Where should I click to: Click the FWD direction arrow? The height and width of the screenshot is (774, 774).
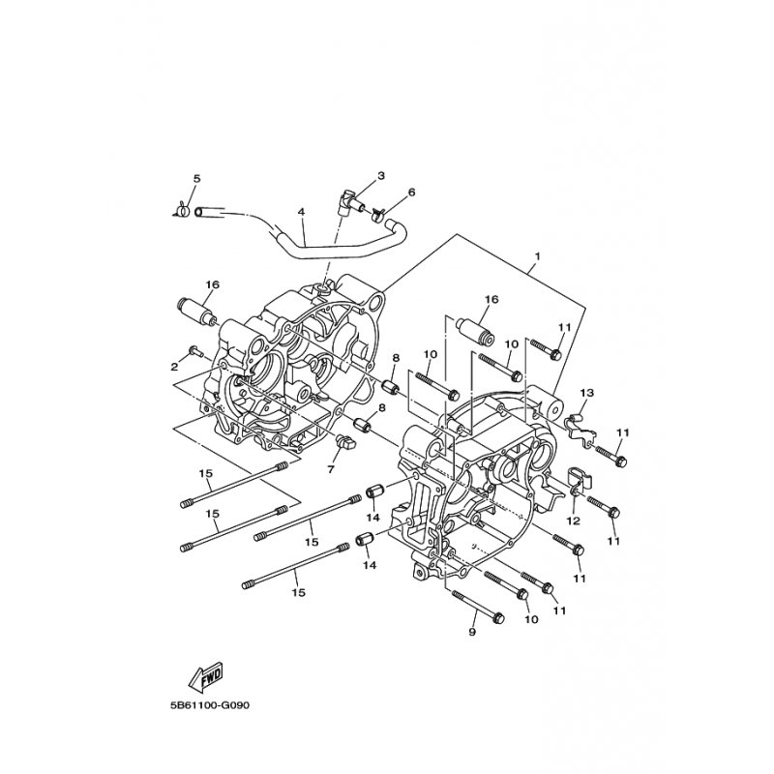click(207, 674)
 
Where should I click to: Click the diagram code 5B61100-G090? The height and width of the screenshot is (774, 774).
click(210, 705)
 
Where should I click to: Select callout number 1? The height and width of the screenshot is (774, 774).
click(538, 256)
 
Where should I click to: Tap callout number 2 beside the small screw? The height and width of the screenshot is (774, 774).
click(174, 367)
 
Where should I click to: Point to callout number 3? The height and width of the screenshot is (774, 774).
click(381, 175)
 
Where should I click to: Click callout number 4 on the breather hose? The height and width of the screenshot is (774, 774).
click(301, 212)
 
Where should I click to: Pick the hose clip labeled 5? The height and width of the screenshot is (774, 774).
click(183, 211)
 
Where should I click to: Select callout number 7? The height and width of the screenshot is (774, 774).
click(331, 468)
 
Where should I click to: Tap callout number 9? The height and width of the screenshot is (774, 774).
click(472, 632)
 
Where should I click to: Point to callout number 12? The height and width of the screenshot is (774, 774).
click(574, 521)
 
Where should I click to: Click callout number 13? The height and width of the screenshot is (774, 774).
click(587, 393)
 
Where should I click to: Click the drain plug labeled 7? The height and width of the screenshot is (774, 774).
click(345, 441)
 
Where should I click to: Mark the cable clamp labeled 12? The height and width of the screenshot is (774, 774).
click(580, 479)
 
